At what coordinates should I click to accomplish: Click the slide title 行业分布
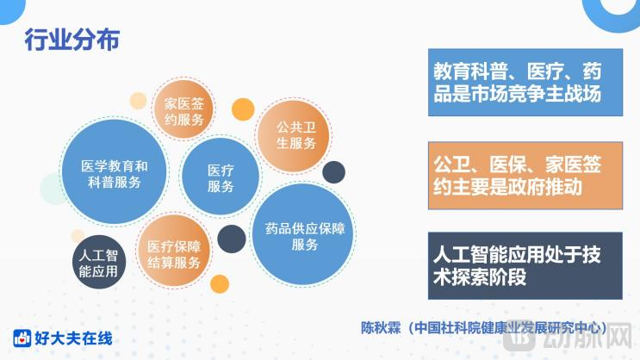pyautogui.click(x=71, y=40)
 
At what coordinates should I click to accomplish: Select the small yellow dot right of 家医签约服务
pyautogui.click(x=242, y=109)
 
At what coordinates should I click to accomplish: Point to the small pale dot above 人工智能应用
pyautogui.click(x=78, y=234)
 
